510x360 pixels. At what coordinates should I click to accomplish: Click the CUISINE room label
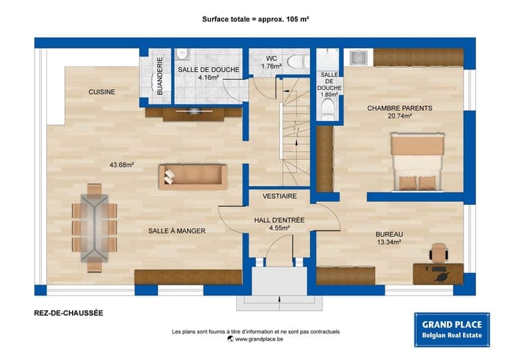(102, 92)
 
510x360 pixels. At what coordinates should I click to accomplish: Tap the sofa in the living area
(193, 177)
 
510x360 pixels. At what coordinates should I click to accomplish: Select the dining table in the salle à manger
(94, 228)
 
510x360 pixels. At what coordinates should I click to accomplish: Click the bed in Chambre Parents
(418, 161)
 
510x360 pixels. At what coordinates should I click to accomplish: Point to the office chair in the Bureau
(439, 252)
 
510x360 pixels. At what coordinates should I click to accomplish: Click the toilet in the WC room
(298, 62)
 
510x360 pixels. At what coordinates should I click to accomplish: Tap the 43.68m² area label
(122, 165)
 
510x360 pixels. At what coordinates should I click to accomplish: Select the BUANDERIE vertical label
(159, 76)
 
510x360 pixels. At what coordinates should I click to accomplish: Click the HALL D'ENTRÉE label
(279, 220)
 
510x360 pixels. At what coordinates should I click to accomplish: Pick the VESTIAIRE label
(280, 196)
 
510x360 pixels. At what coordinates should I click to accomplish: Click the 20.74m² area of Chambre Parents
(400, 116)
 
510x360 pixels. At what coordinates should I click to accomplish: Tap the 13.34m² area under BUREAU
(389, 242)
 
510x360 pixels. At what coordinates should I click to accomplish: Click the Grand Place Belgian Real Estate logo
(452, 330)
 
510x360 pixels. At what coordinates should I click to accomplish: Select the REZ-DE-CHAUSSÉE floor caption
(69, 313)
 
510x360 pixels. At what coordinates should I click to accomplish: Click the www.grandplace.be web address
(259, 339)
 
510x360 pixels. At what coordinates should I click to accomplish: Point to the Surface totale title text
(255, 19)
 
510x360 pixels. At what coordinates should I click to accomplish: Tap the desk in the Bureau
(438, 274)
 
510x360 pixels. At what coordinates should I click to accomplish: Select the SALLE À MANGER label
(177, 231)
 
